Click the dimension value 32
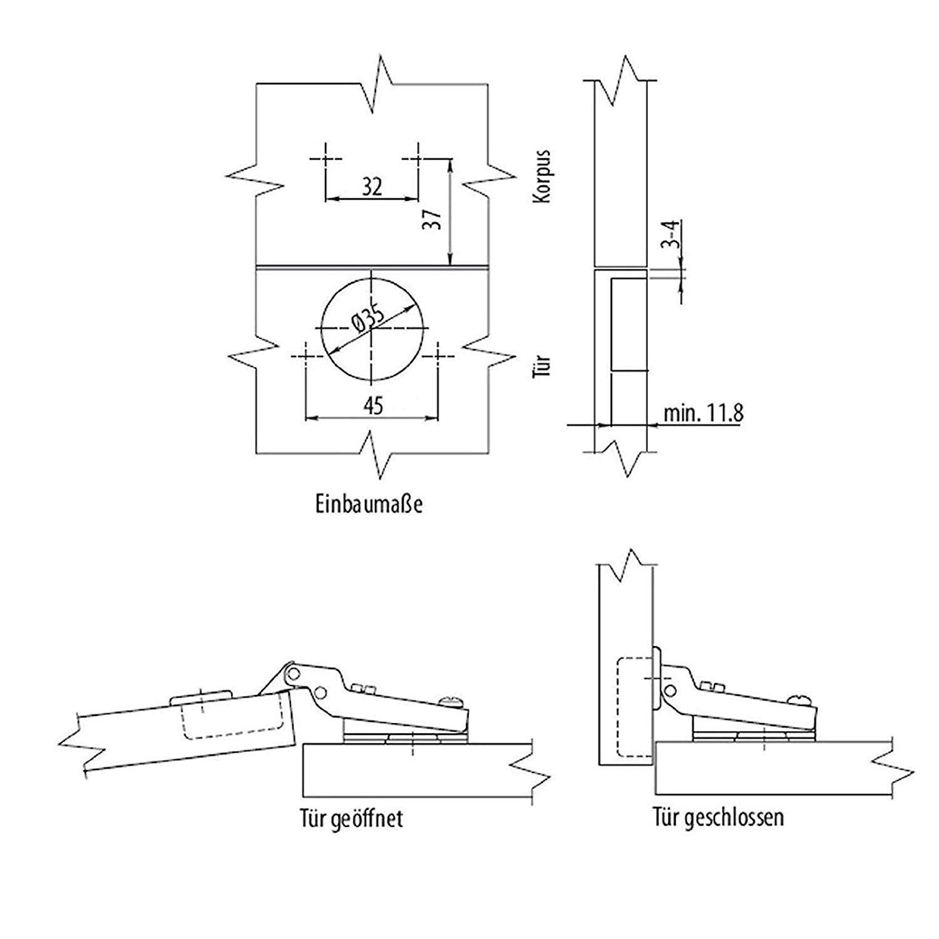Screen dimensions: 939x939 click(372, 187)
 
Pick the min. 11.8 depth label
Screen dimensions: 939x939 click(703, 413)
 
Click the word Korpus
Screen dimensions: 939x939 click(541, 176)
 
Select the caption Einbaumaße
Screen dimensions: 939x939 click(368, 503)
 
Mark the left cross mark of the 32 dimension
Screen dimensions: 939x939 click(326, 158)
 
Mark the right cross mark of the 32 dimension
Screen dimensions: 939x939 click(418, 158)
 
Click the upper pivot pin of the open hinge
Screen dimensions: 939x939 click(292, 674)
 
